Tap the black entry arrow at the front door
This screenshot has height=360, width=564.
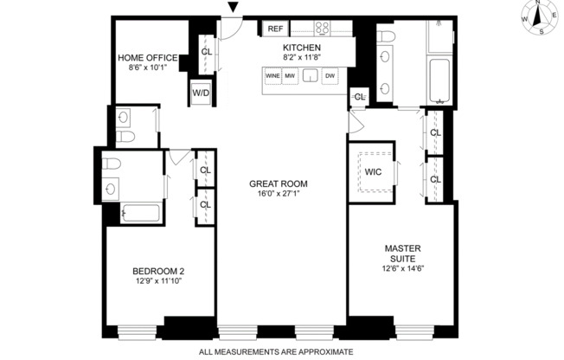(x=232, y=9)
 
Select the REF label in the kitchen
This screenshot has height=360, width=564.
(x=275, y=29)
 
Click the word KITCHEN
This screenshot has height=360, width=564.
(x=302, y=48)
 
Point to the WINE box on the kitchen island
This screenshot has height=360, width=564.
(x=272, y=76)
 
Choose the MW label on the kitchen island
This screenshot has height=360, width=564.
(x=289, y=76)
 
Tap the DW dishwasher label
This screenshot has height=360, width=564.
(x=330, y=76)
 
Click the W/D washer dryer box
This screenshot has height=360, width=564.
(x=201, y=92)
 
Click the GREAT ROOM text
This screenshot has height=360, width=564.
(x=278, y=183)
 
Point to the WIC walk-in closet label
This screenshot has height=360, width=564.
(x=373, y=171)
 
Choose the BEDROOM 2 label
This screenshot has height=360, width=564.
(x=159, y=271)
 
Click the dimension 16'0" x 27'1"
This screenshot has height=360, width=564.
(x=278, y=194)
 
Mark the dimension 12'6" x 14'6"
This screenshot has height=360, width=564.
(x=403, y=267)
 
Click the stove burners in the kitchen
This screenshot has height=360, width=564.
(x=324, y=28)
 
